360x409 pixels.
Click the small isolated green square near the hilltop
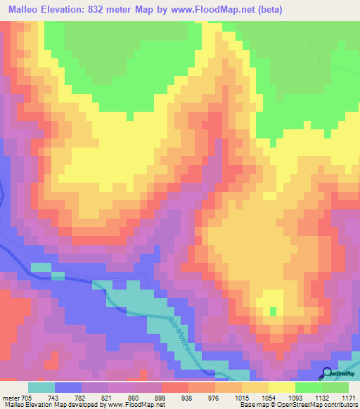[x=273, y=311]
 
